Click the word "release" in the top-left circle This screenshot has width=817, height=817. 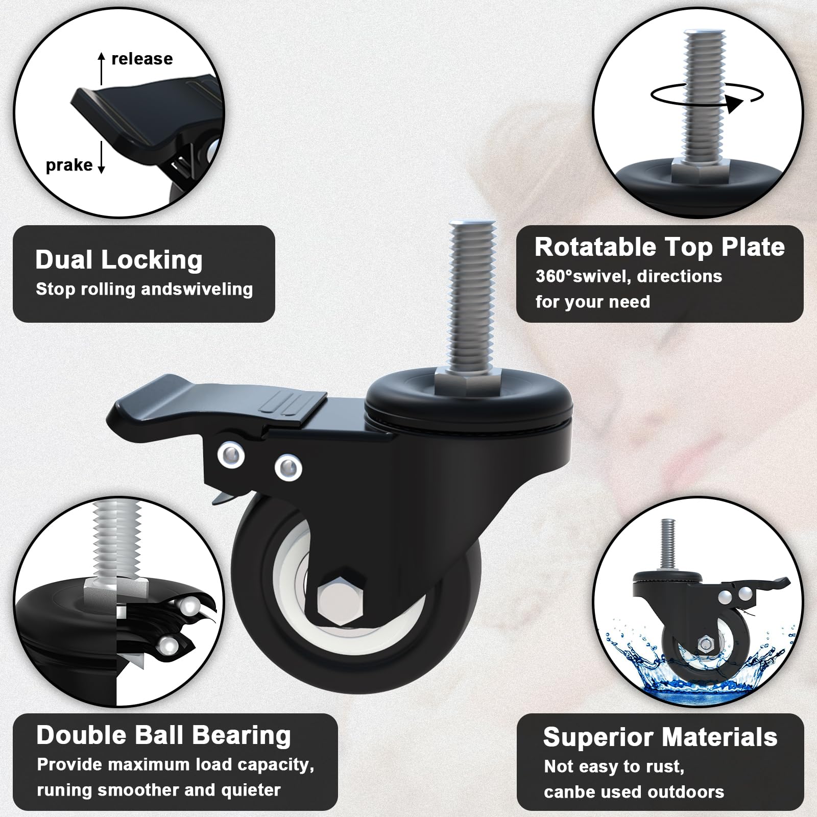tap(142, 59)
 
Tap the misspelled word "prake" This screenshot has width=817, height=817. tap(69, 165)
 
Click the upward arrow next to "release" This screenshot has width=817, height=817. tap(102, 68)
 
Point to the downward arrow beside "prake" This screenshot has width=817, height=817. tap(101, 157)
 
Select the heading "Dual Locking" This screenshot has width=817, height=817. tap(119, 259)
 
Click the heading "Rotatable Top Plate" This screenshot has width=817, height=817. tap(659, 247)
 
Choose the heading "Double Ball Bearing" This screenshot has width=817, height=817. tap(163, 735)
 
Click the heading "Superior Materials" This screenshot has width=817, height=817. tap(660, 737)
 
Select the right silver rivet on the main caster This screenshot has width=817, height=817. tap(288, 468)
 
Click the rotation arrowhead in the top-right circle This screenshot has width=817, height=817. tap(734, 104)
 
